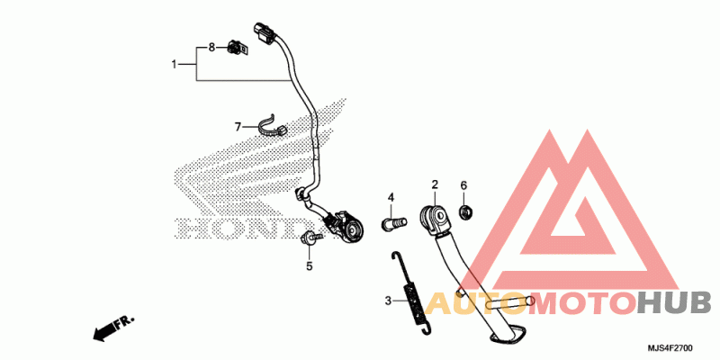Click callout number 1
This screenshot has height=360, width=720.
click(174, 65)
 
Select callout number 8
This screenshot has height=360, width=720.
click(211, 48)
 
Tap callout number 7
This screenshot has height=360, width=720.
click(238, 127)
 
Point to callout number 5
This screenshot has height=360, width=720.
click(310, 265)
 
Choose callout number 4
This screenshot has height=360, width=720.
click(391, 198)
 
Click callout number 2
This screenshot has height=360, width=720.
click(435, 185)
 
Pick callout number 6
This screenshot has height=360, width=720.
click(463, 185)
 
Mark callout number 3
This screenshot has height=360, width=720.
click(388, 301)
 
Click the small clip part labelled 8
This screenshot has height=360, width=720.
click(238, 49)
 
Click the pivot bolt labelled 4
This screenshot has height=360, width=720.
click(394, 223)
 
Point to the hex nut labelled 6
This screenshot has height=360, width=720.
click(466, 212)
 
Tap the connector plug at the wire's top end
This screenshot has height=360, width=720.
click(264, 33)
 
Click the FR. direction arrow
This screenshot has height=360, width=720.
click(113, 328)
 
